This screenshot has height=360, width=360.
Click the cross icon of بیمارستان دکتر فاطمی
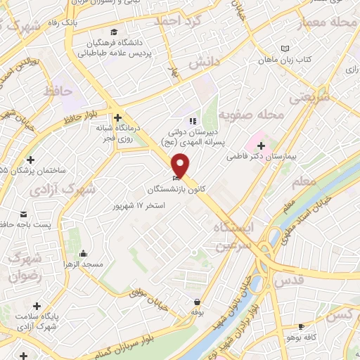(261, 145)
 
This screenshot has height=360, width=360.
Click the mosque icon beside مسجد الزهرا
(84, 253)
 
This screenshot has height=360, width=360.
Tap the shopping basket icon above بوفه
(197, 302)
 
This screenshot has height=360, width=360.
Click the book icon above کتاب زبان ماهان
(284, 48)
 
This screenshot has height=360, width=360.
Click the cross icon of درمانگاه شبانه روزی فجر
(117, 117)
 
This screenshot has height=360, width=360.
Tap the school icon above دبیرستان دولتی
(193, 121)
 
